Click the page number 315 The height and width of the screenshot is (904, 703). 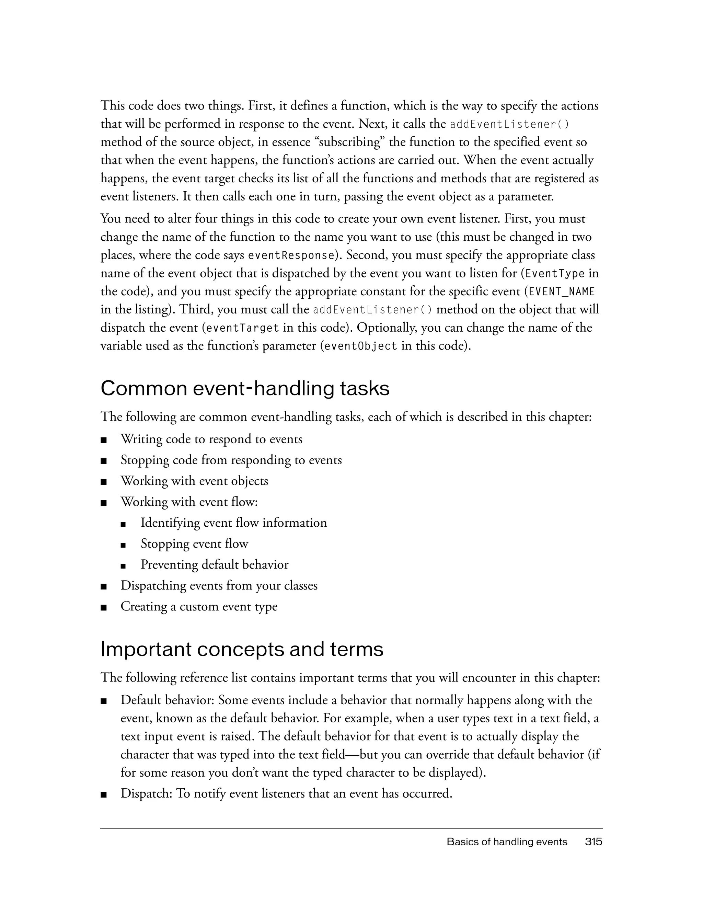pos(593,842)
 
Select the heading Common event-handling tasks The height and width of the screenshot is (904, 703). pos(245,389)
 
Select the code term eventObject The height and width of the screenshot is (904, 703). pos(361,346)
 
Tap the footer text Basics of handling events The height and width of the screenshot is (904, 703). pos(507,842)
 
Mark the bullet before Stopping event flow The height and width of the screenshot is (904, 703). pos(123,545)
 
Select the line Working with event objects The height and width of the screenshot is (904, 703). pos(194,481)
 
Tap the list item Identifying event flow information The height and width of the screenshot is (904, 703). pos(234,523)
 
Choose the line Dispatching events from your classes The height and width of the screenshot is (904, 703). pos(219,585)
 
